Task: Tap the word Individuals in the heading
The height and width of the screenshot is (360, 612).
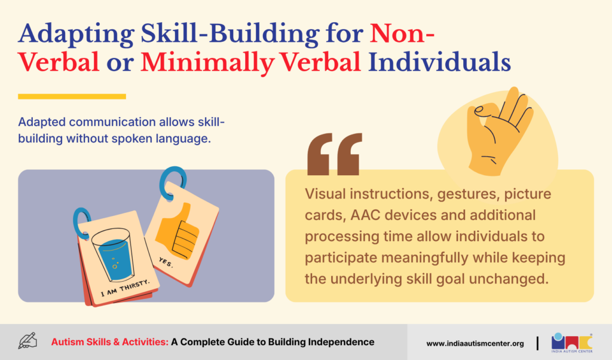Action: (x=439, y=62)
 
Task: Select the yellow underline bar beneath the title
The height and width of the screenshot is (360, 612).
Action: (x=72, y=96)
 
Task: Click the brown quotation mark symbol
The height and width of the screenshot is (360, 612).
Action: (x=335, y=154)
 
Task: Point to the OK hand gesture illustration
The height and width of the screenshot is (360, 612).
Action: (x=499, y=131)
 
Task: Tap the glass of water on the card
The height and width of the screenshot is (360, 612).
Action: (x=113, y=254)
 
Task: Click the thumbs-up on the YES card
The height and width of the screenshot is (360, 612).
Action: (x=178, y=231)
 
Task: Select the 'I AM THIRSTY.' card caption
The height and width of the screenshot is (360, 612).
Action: (x=124, y=288)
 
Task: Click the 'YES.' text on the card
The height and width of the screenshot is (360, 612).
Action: (x=166, y=263)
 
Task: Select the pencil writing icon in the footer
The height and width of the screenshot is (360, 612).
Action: (x=27, y=341)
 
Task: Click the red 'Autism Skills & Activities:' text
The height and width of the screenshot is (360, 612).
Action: (x=110, y=342)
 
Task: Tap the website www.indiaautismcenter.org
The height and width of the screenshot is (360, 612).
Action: (x=475, y=344)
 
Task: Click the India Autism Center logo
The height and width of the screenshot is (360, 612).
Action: (x=572, y=343)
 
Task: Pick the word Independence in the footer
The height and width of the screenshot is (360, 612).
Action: (x=341, y=342)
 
